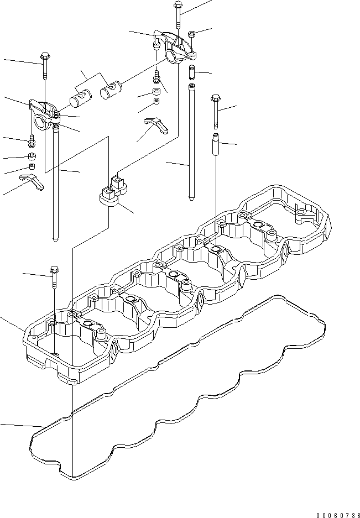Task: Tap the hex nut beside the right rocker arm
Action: coord(191,34)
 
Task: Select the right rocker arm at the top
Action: coord(178,50)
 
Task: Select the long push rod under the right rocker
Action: coord(191,144)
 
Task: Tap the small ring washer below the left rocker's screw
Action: coord(32,156)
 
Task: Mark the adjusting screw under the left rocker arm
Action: coord(32,142)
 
